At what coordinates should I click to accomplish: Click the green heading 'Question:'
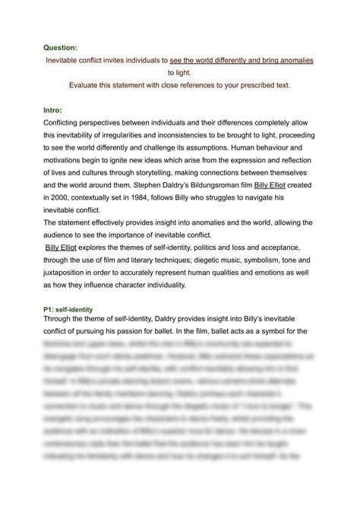pyautogui.click(x=58, y=46)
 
